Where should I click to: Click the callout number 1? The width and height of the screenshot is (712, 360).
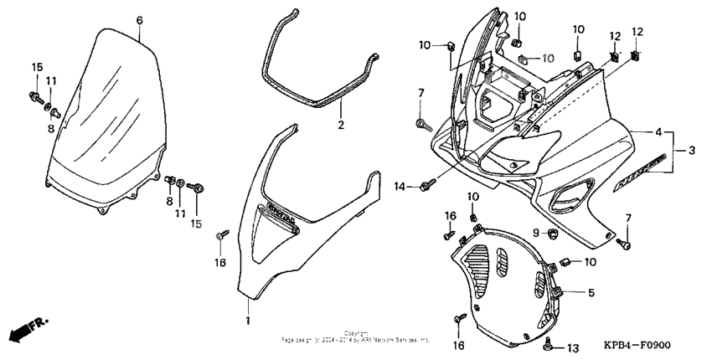click(248, 321)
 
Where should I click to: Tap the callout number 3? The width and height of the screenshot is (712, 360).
click(692, 152)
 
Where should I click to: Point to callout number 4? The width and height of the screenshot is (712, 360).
click(658, 132)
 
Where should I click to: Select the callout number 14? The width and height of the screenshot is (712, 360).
click(400, 186)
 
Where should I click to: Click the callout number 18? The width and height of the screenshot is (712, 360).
click(221, 262)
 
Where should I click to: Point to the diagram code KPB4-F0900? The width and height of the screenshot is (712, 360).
click(641, 346)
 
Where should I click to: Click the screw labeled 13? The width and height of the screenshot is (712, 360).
click(549, 343)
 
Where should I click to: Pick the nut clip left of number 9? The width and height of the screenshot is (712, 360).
click(553, 232)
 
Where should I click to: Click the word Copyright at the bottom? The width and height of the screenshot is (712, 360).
click(356, 333)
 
